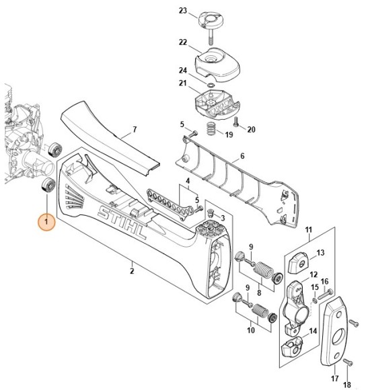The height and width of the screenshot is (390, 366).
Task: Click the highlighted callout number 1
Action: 46,221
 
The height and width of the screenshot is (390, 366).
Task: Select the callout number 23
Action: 183,10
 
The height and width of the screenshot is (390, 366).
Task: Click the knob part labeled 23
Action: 211,21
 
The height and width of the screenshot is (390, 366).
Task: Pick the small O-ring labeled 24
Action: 213,85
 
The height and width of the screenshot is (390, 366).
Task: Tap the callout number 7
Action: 134,129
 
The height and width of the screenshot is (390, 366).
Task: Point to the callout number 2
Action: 132,271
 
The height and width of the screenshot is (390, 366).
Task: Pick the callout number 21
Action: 182,83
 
